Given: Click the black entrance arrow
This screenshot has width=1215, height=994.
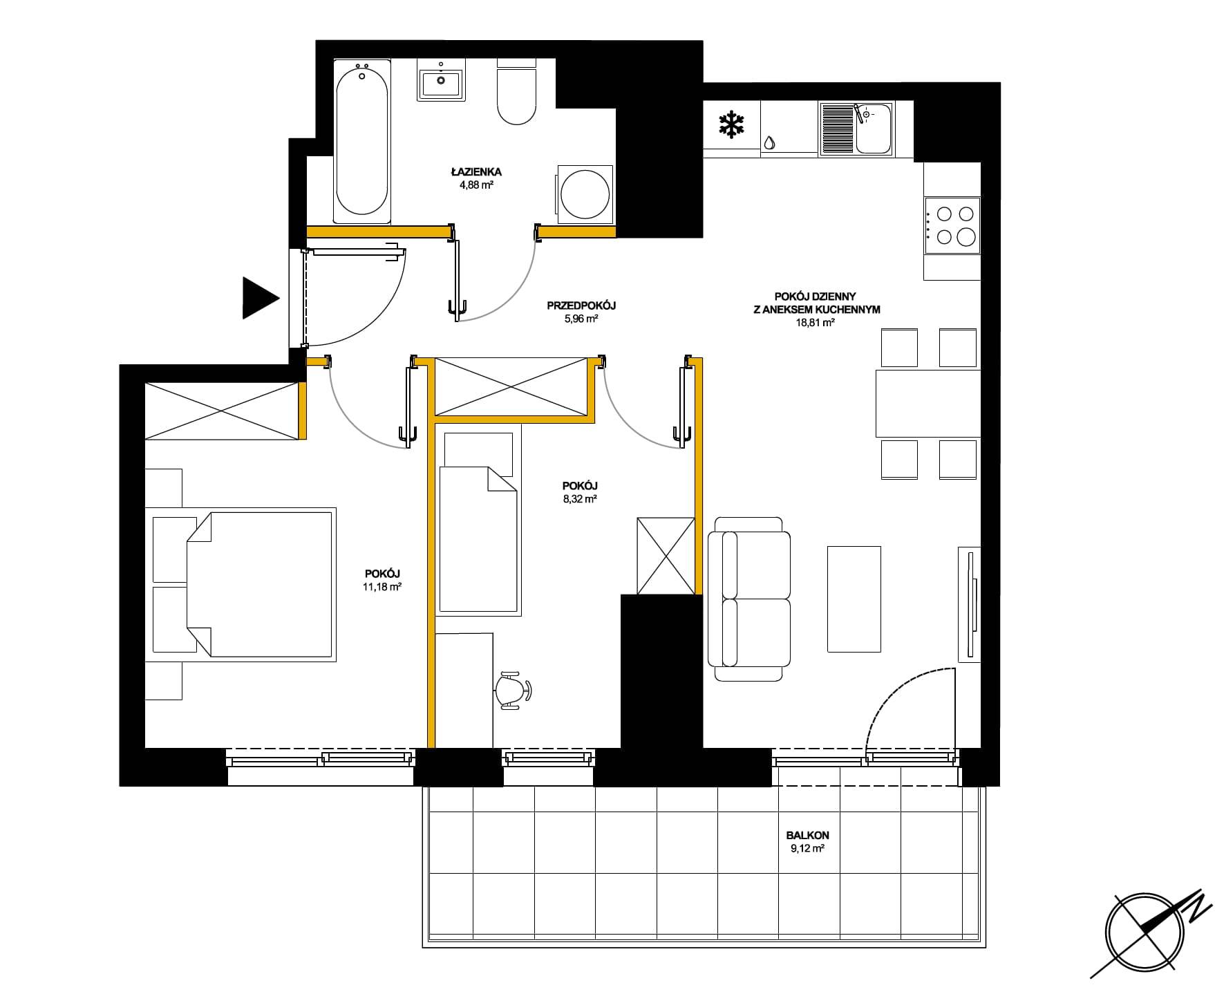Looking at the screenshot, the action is (x=259, y=298).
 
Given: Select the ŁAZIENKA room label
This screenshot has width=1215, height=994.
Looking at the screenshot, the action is (x=475, y=172).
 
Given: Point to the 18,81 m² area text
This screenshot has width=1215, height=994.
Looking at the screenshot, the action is (x=816, y=322).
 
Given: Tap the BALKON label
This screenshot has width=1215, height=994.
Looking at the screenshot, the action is (x=807, y=835).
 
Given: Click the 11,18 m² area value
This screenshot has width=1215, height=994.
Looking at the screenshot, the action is (x=382, y=586).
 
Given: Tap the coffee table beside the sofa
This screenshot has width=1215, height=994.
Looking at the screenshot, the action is (x=854, y=599).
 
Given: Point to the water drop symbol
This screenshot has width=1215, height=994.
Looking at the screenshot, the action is (x=770, y=143).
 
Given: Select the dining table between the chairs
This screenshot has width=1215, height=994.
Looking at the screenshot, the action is (x=927, y=404).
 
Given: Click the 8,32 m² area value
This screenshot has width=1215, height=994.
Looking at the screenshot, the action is (x=580, y=498).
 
